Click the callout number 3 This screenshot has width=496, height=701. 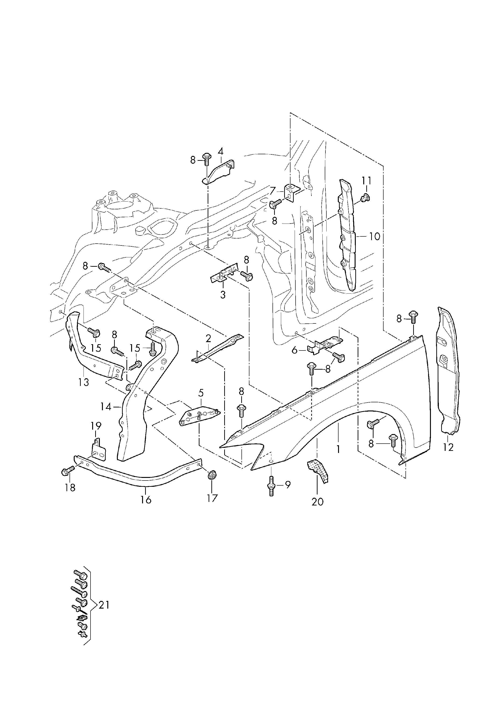click(x=223, y=295)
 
